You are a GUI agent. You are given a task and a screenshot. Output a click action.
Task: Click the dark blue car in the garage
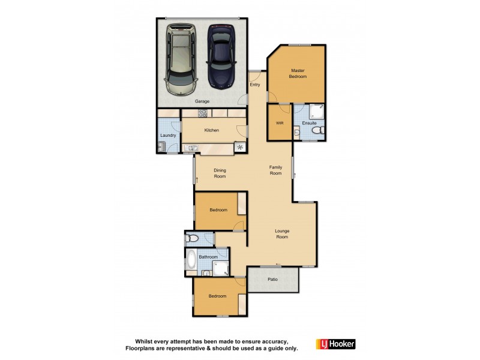click(x=221, y=56)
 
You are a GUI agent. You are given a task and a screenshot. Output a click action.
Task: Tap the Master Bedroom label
click(x=298, y=74)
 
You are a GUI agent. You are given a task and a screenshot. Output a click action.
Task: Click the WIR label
click(x=280, y=123)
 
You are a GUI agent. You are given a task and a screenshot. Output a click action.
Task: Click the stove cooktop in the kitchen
click(x=203, y=113)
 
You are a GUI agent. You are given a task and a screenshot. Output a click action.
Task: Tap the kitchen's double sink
click(x=193, y=148)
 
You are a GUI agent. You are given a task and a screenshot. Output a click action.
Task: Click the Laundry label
click(x=168, y=135)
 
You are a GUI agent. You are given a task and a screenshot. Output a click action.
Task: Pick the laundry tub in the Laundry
click(x=161, y=146)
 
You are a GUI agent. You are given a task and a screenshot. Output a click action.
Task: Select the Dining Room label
click(x=220, y=173)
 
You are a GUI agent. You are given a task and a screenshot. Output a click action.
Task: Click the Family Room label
click(x=275, y=170)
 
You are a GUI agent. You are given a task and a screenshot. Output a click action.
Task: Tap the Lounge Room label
click(x=282, y=233)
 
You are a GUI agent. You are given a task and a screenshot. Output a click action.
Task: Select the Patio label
click(x=273, y=279)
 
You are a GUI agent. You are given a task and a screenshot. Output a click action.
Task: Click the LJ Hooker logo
click(x=335, y=344)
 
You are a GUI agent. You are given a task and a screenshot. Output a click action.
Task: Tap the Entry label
click(x=255, y=85)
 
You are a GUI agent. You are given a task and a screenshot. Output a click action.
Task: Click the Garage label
click(x=202, y=101)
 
